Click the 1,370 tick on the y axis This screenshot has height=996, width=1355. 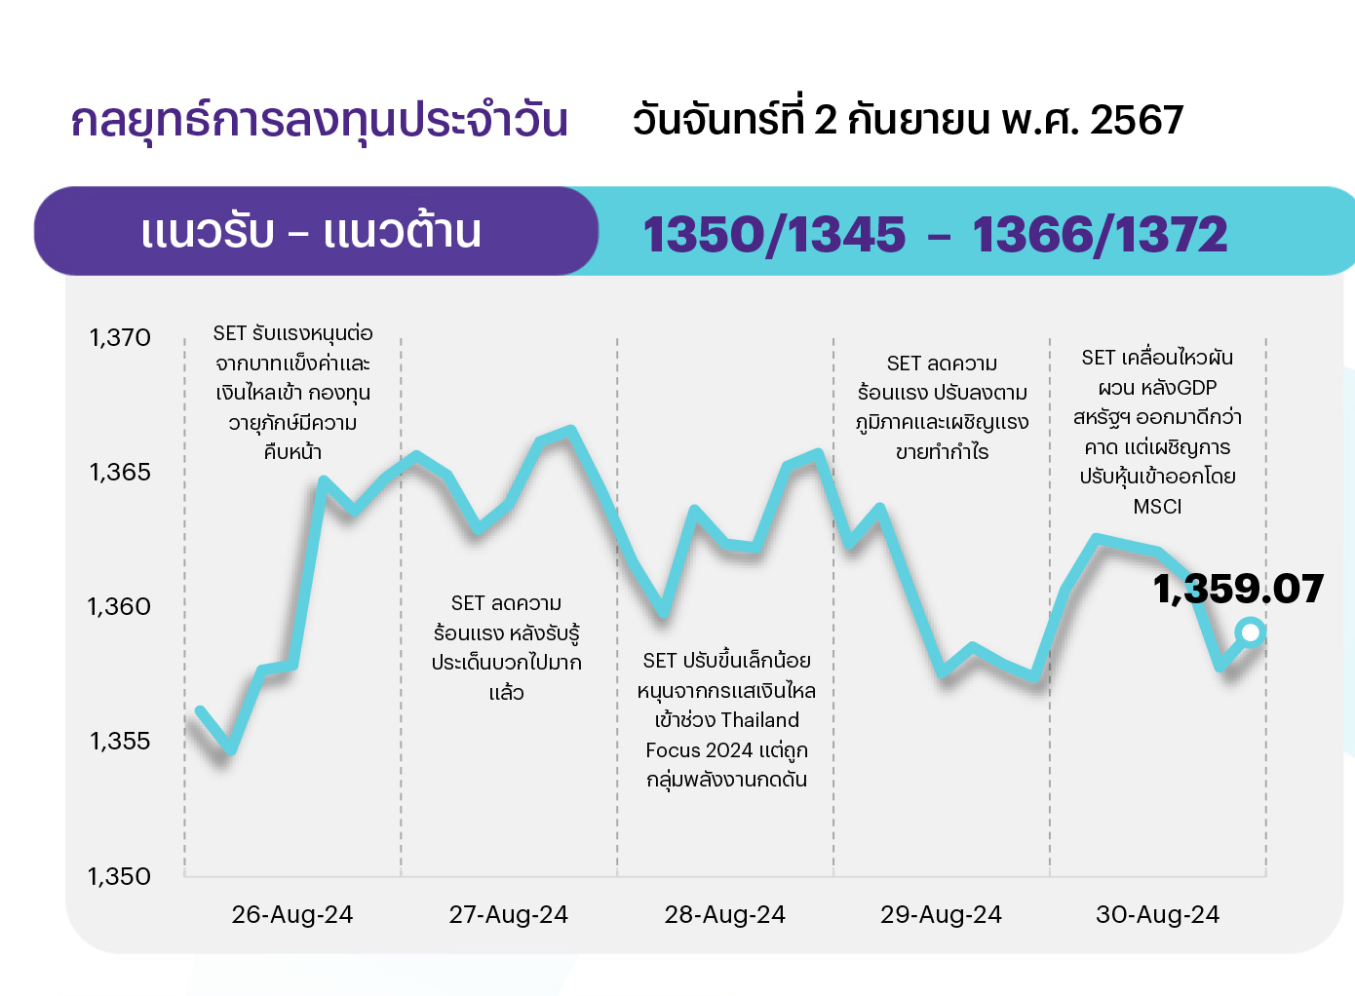(120, 337)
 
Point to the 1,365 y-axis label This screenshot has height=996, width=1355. (120, 473)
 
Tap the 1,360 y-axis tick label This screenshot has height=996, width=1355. (119, 606)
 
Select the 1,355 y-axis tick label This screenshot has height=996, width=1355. (120, 742)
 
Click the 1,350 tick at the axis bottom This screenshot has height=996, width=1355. (119, 876)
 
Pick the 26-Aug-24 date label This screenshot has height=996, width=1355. (292, 915)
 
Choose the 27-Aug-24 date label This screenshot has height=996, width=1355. (509, 915)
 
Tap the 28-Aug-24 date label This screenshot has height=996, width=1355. (724, 915)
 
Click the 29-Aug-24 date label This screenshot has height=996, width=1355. (942, 915)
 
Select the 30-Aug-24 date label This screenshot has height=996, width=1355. (1158, 915)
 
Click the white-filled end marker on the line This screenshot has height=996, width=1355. (1251, 632)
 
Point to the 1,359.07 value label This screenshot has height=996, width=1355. (1238, 589)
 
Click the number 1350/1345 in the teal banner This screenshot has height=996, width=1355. (774, 235)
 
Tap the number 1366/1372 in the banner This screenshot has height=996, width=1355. (1100, 235)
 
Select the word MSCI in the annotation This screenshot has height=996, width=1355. (1157, 506)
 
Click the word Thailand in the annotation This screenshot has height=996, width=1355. (759, 720)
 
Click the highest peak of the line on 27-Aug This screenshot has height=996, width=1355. (571, 430)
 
